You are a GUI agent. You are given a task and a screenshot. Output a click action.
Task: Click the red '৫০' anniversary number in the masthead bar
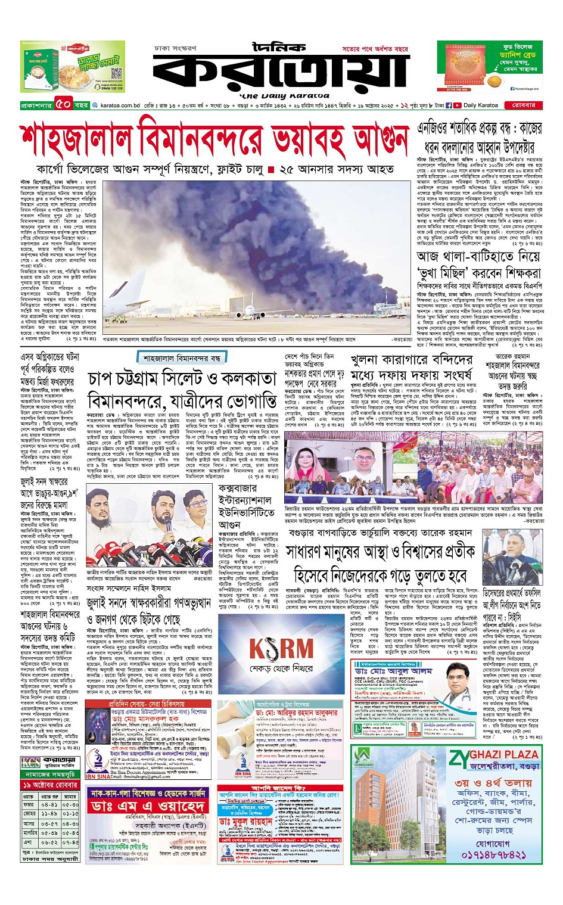click(x=64, y=105)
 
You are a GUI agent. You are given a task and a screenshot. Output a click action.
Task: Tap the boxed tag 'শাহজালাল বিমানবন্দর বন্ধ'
click(x=182, y=358)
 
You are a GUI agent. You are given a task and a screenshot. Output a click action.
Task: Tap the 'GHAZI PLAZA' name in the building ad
click(x=494, y=754)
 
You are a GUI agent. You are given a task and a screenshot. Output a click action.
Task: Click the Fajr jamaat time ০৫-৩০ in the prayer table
click(x=70, y=804)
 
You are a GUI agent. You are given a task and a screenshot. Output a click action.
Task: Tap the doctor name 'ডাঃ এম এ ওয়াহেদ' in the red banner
click(x=148, y=806)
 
